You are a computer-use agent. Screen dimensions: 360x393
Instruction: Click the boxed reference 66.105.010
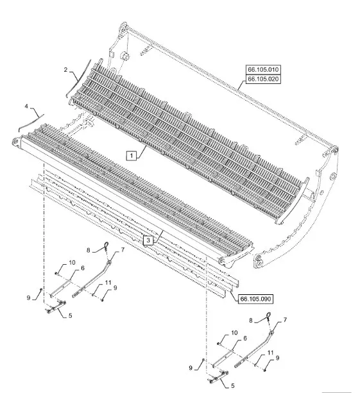coord(263,69)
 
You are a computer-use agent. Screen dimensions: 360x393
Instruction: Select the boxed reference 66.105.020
coord(263,79)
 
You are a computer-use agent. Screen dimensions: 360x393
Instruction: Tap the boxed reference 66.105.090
coord(255,299)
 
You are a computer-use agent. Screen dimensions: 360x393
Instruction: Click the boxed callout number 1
coord(132,156)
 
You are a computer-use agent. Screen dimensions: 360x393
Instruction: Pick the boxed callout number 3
coord(148,240)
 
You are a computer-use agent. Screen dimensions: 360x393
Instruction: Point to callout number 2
coord(65,70)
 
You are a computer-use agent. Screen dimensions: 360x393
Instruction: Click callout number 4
coord(26,106)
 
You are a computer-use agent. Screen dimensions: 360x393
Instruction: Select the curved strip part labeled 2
coord(79,77)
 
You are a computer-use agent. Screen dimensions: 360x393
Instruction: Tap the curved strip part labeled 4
coord(32,122)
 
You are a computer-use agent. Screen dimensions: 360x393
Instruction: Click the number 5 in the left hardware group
coord(70,315)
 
